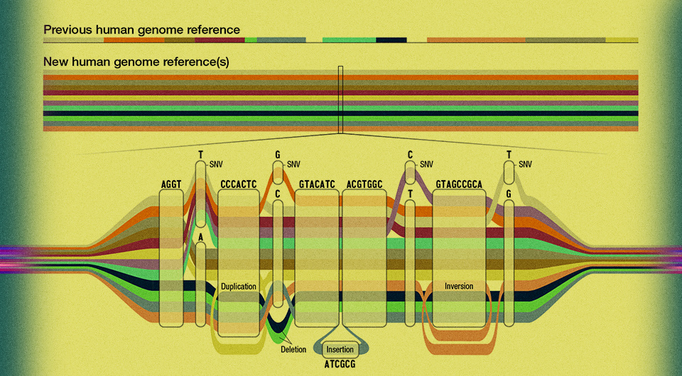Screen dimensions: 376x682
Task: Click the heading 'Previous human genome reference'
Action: (x=141, y=30)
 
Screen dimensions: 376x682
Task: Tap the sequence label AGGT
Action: (x=171, y=184)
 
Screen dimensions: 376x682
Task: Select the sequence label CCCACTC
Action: (x=238, y=184)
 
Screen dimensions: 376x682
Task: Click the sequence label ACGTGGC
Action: (x=364, y=184)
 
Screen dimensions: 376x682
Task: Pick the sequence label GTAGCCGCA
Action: (x=459, y=184)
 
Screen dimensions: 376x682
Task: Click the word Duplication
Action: (x=238, y=287)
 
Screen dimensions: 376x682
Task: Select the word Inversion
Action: (x=459, y=287)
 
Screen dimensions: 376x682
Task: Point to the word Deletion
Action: (x=293, y=349)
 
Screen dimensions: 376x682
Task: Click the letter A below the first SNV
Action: (x=201, y=237)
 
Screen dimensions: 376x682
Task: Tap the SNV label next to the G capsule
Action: (x=293, y=165)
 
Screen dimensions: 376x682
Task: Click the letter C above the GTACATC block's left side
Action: (x=278, y=194)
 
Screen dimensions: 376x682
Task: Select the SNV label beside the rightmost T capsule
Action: (x=526, y=165)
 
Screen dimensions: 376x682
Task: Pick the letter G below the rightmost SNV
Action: (x=509, y=194)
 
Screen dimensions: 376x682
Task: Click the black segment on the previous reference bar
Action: (x=391, y=40)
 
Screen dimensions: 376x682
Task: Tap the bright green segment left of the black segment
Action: (x=349, y=40)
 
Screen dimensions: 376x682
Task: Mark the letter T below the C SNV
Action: (x=410, y=194)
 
